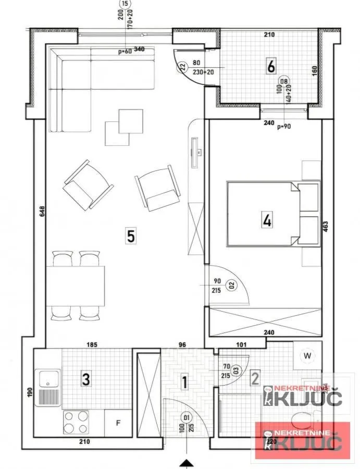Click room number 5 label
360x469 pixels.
[130, 236]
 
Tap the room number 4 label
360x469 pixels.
[267, 221]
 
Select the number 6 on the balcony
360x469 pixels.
[270, 67]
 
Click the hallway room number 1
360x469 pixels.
[183, 382]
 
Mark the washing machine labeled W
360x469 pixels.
[307, 356]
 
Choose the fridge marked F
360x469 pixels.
[118, 423]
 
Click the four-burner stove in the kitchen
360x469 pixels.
[76, 422]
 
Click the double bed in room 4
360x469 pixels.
[272, 214]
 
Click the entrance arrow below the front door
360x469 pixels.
[186, 463]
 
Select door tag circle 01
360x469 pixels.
[186, 417]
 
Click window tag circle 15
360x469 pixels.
[124, 3]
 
